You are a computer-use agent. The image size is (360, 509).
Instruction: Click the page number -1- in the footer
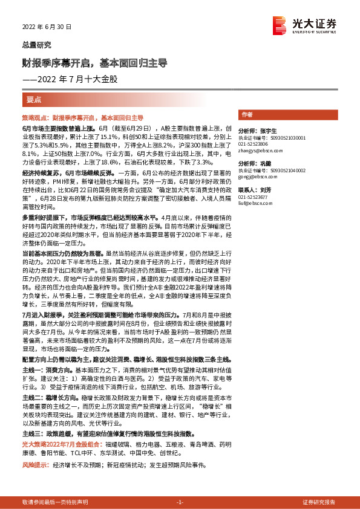click(x=180, y=502)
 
